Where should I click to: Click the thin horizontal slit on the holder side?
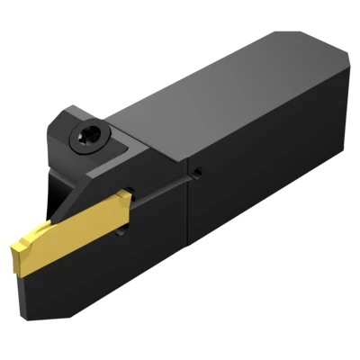coord(162,184)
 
